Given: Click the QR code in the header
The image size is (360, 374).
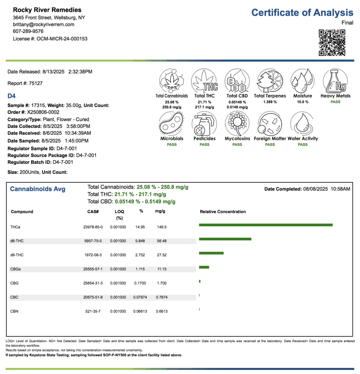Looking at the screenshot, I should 332,43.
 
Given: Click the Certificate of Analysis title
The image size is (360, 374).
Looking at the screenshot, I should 302,13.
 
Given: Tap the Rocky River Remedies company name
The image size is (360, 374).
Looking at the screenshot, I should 47,10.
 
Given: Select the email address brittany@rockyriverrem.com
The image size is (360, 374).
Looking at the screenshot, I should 43,24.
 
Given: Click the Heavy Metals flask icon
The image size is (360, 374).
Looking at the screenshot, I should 335,81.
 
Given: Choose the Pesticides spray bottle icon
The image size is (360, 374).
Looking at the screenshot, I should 204,124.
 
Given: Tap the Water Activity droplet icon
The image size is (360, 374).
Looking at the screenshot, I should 302,124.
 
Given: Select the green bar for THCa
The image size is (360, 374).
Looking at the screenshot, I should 266,225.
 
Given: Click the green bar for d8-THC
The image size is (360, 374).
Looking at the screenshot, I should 225,239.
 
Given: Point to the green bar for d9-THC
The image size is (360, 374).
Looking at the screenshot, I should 211,253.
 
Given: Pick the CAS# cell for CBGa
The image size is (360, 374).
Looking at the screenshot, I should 93,269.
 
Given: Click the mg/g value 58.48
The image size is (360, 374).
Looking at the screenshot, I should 161,241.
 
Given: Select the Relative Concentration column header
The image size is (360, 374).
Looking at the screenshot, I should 223,212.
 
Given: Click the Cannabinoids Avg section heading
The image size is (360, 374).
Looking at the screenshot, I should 38,189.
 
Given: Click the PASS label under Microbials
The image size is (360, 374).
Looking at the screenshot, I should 172,145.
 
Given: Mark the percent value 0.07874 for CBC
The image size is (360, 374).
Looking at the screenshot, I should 140,297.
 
